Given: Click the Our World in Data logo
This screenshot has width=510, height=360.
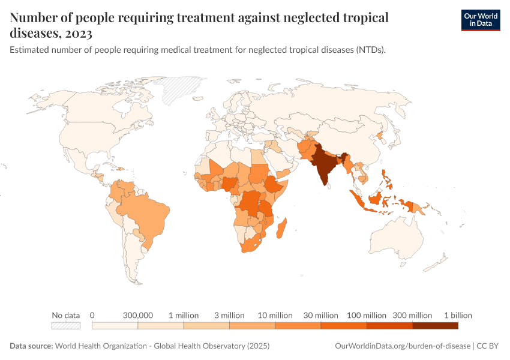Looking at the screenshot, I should [x=480, y=20].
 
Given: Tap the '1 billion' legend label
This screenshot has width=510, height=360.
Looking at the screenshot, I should [x=458, y=315].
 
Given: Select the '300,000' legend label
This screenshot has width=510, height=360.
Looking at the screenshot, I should [x=138, y=315].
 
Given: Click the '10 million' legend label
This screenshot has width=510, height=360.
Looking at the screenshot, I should [x=275, y=315].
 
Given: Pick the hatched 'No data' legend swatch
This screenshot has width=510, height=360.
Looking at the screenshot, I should [x=66, y=326].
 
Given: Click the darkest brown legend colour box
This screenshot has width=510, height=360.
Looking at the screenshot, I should [x=435, y=326].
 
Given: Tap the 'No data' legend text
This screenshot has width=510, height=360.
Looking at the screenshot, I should [x=66, y=315].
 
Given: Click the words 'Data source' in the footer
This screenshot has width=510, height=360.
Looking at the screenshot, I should [x=31, y=346].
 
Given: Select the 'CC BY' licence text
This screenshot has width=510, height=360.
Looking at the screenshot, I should [x=488, y=346].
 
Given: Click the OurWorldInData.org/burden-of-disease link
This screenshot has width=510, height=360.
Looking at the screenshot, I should [x=401, y=346].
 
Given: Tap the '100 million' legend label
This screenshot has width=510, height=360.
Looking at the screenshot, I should [x=366, y=315].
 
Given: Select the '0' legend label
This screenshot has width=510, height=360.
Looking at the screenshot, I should [x=92, y=315].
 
